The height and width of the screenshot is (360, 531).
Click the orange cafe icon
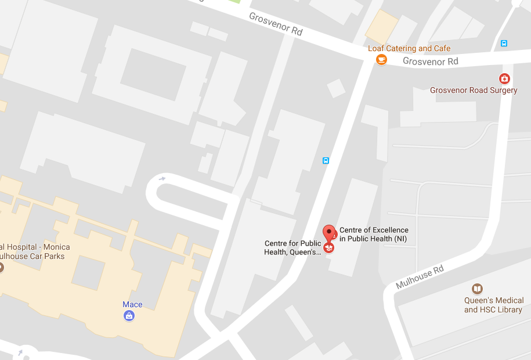[381, 60]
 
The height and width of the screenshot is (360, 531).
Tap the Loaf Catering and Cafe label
[409, 48]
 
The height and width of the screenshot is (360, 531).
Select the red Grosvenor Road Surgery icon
[504, 78]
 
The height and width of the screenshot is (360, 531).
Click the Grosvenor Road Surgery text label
[474, 90]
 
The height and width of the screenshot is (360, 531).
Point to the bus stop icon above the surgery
[504, 43]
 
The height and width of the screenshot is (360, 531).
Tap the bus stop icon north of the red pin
[326, 160]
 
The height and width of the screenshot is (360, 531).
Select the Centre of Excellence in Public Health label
[374, 235]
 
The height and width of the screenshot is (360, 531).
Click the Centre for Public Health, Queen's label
[292, 248]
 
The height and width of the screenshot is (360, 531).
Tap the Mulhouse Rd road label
[420, 277]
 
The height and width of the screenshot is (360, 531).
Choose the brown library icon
[477, 289]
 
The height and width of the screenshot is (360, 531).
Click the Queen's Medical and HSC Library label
[494, 305]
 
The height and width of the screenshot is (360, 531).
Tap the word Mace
[132, 304]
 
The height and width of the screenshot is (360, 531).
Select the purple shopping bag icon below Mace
[129, 316]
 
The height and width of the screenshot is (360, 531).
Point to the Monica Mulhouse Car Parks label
[32, 251]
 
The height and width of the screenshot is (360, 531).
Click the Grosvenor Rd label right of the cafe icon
[431, 61]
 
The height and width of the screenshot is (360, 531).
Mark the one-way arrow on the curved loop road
[162, 178]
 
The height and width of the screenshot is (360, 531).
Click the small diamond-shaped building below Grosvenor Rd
[336, 88]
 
